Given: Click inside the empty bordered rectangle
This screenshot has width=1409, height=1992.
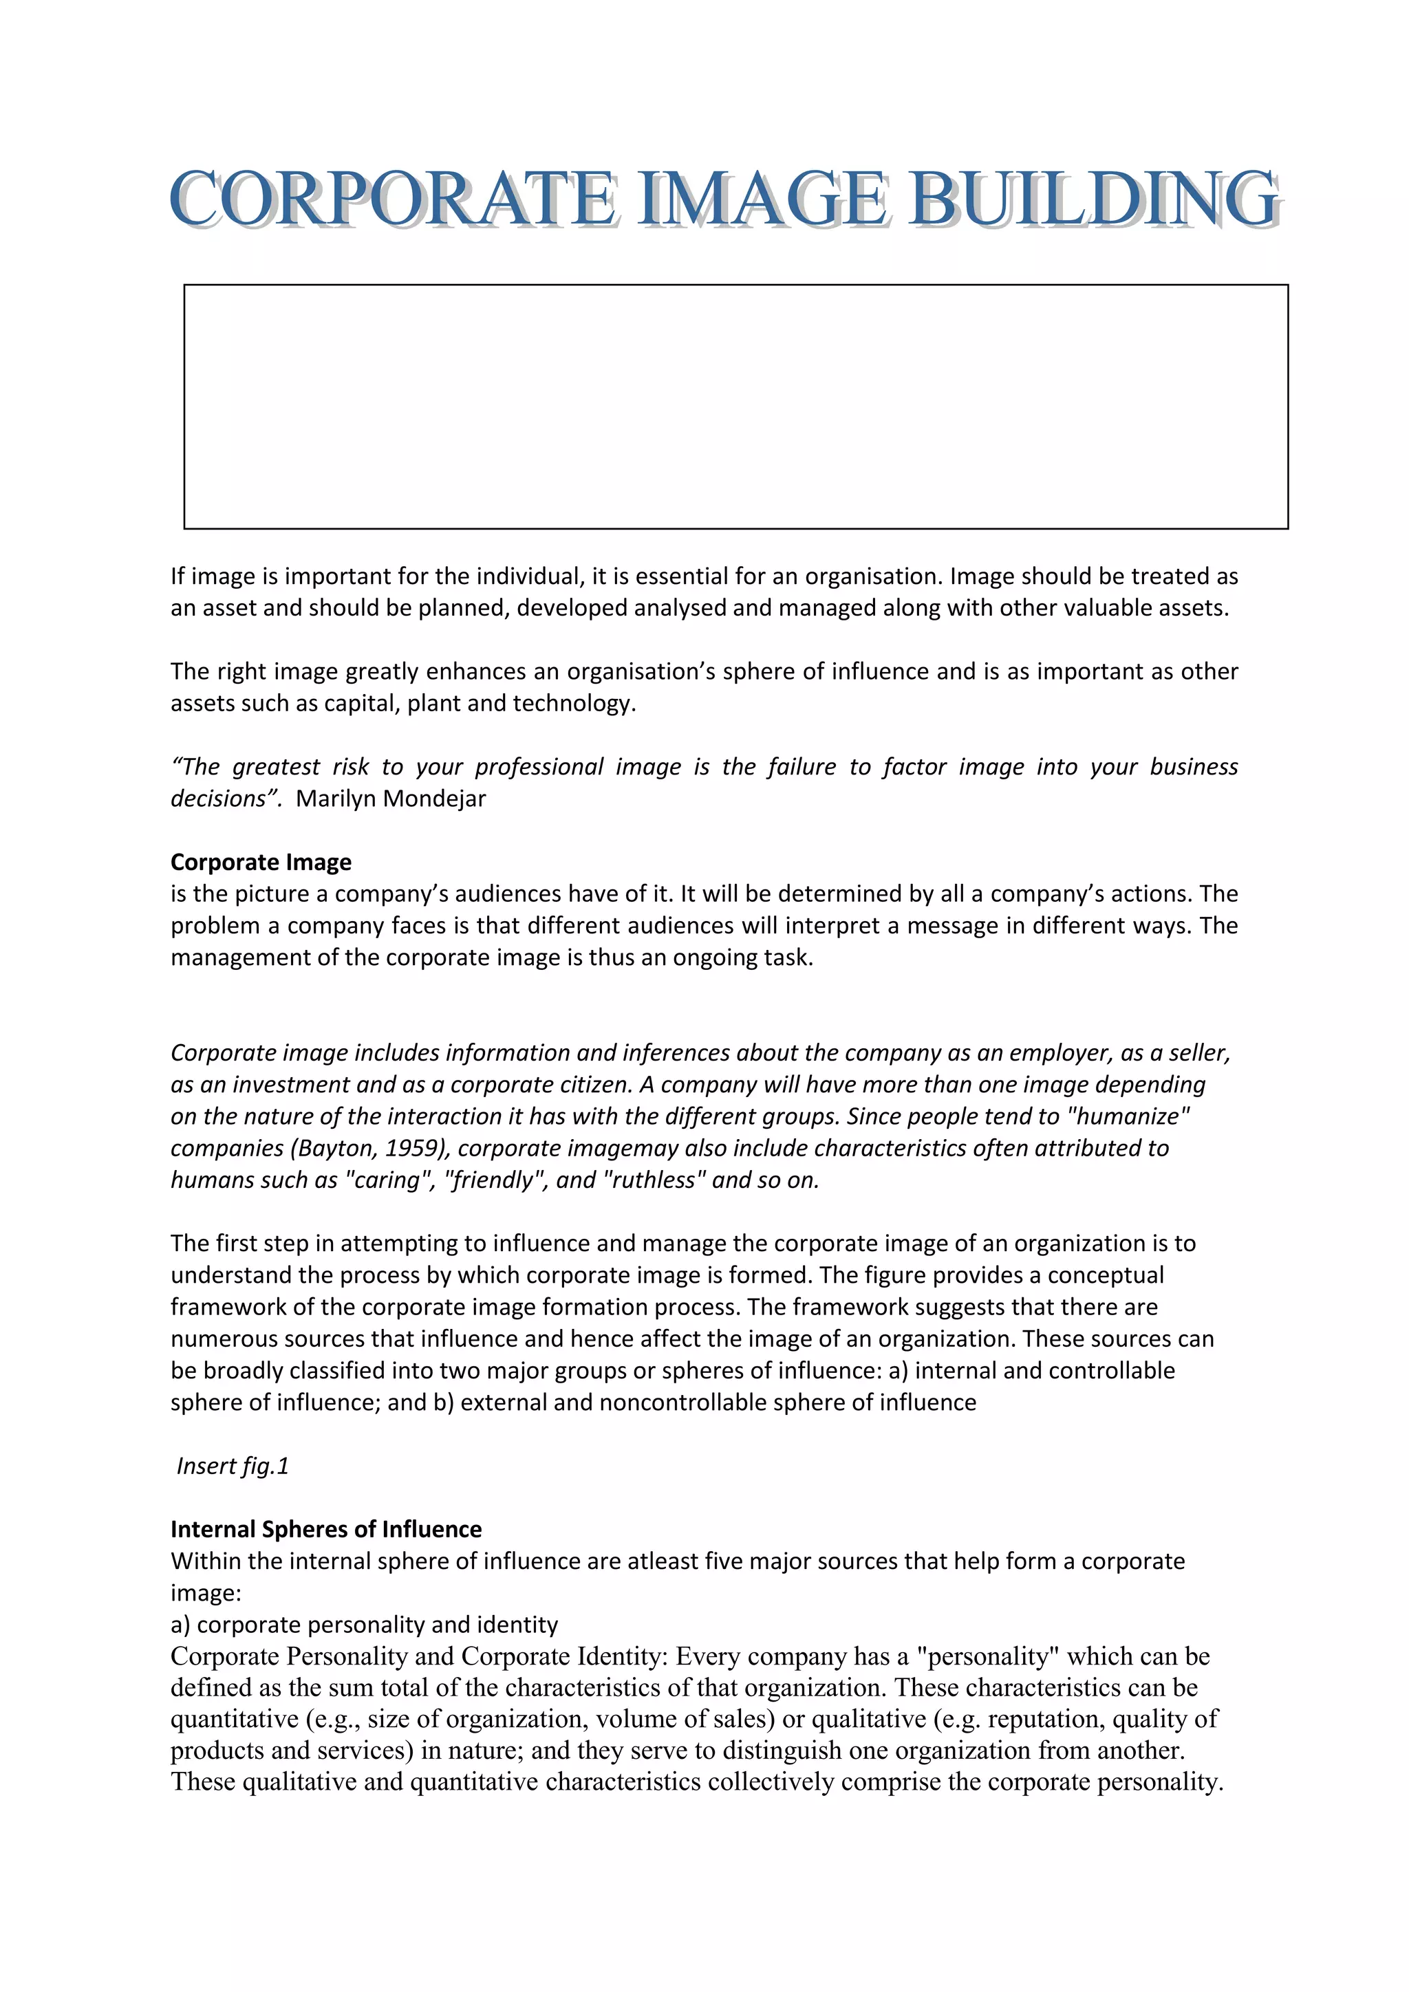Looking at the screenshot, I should (735, 406).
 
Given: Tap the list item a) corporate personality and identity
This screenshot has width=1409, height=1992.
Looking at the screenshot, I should (365, 1624).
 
